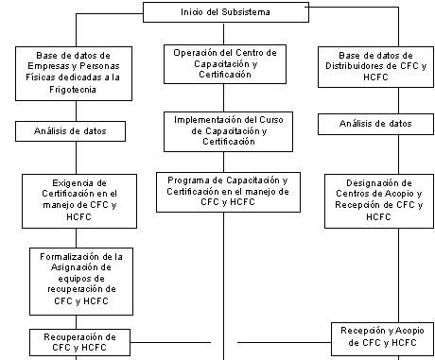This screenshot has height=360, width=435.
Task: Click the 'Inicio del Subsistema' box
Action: coord(226,12)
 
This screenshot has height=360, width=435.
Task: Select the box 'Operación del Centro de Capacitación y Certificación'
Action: coord(225,64)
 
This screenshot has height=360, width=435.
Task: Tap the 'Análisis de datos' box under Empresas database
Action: coord(70,131)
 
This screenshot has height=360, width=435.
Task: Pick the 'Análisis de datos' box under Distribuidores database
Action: coord(375,124)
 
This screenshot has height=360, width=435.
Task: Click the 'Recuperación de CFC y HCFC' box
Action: coord(79,342)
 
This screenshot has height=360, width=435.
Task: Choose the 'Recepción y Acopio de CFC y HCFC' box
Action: coord(382,338)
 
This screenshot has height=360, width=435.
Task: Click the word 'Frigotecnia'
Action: coord(73,90)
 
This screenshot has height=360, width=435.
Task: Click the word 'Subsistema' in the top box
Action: coord(246,12)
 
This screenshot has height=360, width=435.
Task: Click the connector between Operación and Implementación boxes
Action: coord(224,97)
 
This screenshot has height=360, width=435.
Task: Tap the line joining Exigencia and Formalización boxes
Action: coord(76,238)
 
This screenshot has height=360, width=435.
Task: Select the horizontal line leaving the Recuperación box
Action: coord(170,342)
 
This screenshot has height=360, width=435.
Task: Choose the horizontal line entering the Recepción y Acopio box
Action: coord(285,342)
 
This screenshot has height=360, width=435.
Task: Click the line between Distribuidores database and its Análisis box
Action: coord(398,100)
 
